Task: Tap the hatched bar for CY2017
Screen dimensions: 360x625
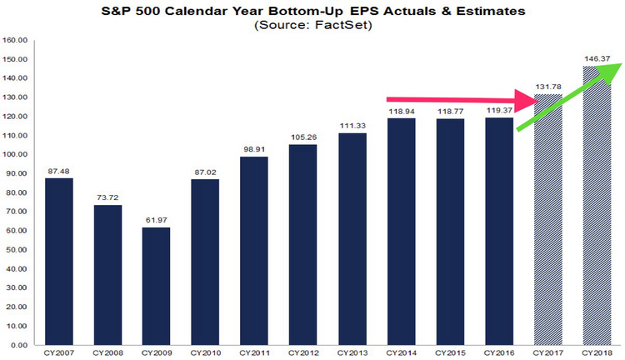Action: point(547,225)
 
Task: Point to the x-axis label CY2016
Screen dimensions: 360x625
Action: point(499,353)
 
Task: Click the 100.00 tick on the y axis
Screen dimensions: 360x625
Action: point(16,154)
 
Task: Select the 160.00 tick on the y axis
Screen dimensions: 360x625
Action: point(16,40)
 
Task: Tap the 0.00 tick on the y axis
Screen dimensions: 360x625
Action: point(18,344)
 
